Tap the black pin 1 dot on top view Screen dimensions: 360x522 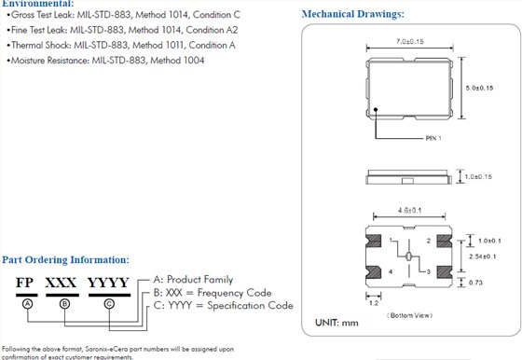tap(376, 111)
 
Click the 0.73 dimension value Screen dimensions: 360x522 tap(474, 281)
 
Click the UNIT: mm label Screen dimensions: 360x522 tap(337, 322)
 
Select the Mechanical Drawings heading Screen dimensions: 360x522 tap(352, 14)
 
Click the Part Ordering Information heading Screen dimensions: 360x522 tap(65, 259)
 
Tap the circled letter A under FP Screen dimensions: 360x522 tap(28, 304)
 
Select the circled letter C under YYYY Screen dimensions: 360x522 tap(109, 304)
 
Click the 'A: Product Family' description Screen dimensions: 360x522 tap(193, 279)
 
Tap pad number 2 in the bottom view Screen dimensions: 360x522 tap(428, 241)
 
